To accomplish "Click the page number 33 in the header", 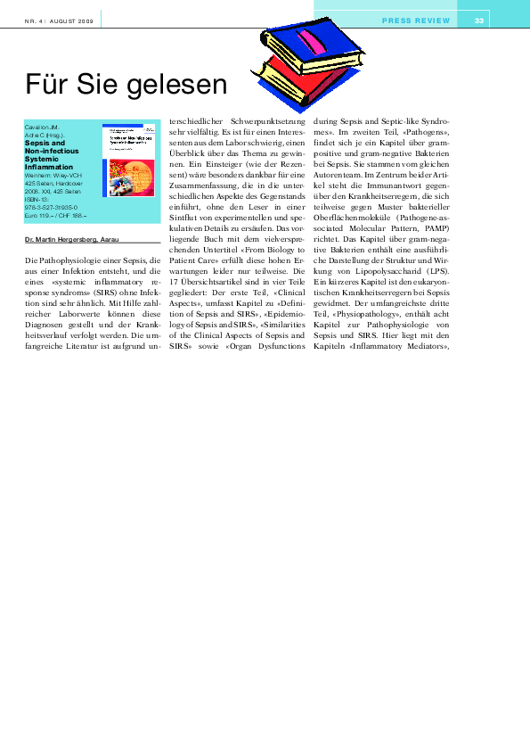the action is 479,21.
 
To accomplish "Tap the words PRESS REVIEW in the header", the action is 416,21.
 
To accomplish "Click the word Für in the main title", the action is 48,85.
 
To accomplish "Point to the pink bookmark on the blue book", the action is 309,41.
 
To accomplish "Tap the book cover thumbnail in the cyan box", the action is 128,161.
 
